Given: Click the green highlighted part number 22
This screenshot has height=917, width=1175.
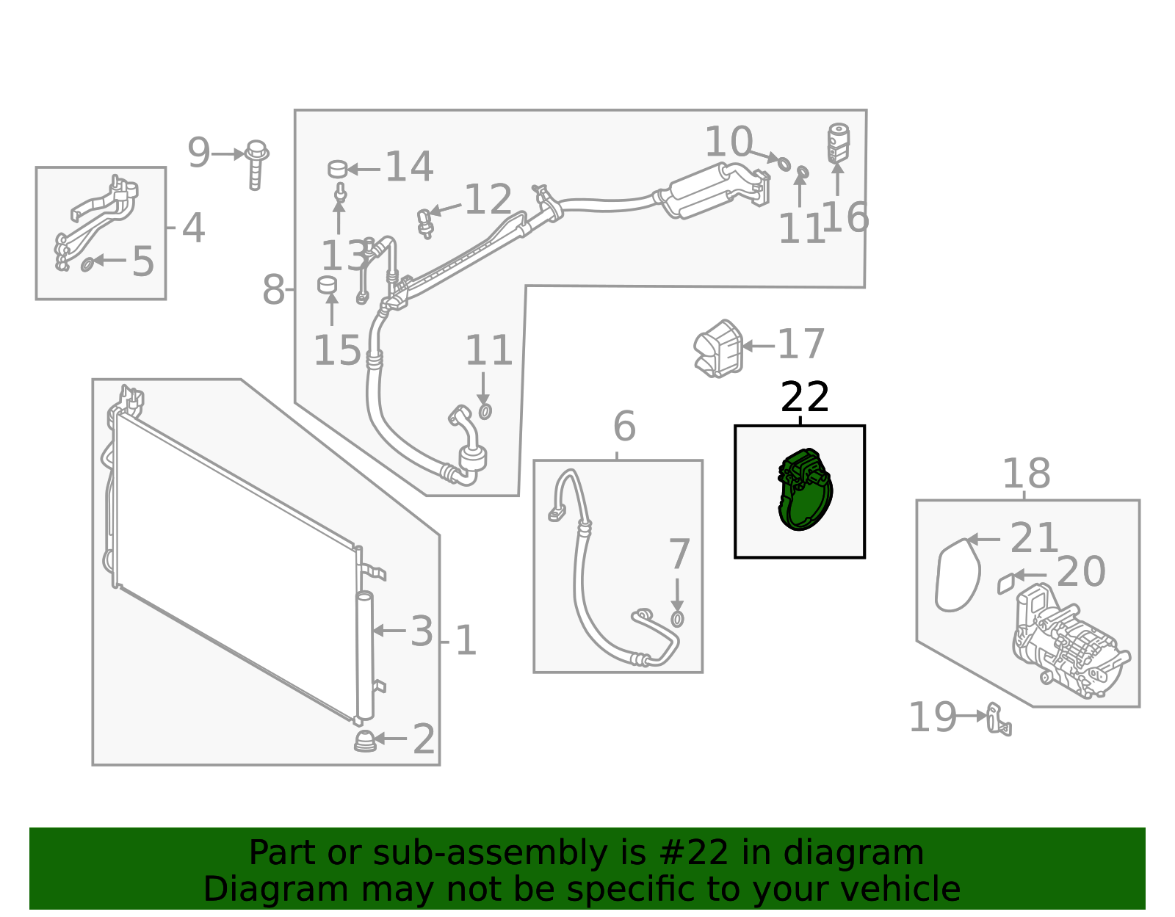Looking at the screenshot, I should pyautogui.click(x=804, y=490).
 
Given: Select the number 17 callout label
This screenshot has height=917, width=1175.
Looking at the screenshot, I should pyautogui.click(x=801, y=344).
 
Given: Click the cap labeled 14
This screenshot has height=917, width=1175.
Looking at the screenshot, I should pyautogui.click(x=337, y=169).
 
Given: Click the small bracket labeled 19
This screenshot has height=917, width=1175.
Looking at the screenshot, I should pyautogui.click(x=999, y=719).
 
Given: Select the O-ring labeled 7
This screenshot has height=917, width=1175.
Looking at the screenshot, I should pyautogui.click(x=677, y=618).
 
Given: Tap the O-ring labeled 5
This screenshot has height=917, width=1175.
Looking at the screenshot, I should pyautogui.click(x=87, y=263).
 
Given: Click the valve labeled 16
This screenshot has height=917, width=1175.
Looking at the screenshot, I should pyautogui.click(x=838, y=142).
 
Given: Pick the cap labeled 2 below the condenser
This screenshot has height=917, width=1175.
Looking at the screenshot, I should pyautogui.click(x=365, y=741).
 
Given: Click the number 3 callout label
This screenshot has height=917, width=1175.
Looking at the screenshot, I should pyautogui.click(x=422, y=631).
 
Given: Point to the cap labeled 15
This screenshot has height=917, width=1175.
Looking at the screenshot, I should pyautogui.click(x=327, y=284).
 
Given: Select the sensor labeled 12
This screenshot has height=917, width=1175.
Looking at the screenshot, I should pyautogui.click(x=424, y=222).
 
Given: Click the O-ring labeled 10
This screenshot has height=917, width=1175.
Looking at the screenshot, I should pyautogui.click(x=784, y=163).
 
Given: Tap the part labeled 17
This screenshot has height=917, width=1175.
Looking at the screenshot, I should pyautogui.click(x=719, y=349).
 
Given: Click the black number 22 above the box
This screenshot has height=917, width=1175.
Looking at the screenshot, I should pyautogui.click(x=805, y=397).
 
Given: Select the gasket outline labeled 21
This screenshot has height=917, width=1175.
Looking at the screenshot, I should pyautogui.click(x=958, y=575).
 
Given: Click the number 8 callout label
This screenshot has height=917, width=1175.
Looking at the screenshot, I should pyautogui.click(x=273, y=290).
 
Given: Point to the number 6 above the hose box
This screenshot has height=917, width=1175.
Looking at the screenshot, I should pyautogui.click(x=624, y=426).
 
